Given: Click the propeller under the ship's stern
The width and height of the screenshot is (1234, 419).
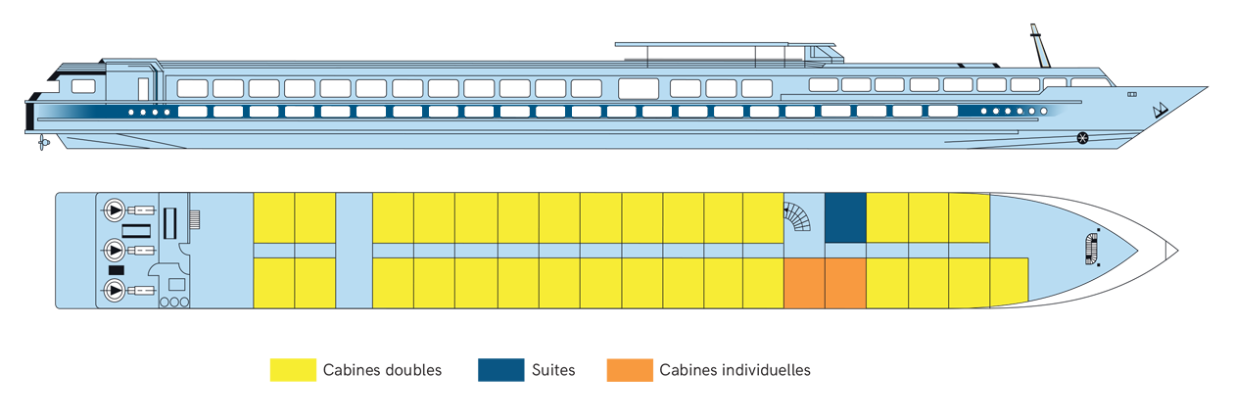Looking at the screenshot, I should (43, 145).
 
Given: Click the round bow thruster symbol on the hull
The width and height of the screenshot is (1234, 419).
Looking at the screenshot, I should (1083, 136).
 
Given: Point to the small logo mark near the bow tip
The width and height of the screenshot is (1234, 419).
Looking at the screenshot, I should (1160, 109).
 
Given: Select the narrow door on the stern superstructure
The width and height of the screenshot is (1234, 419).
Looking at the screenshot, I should (143, 88).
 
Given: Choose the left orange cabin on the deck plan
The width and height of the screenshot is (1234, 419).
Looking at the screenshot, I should (804, 283).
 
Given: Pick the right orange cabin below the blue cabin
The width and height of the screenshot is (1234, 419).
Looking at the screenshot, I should (845, 283).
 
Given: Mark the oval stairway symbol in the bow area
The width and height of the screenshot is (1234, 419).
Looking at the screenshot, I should (1091, 250).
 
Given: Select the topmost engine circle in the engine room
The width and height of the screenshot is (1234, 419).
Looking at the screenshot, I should (115, 209).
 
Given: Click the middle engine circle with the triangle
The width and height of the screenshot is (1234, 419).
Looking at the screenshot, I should (115, 250).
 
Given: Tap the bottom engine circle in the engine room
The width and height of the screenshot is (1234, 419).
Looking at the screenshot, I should (115, 290).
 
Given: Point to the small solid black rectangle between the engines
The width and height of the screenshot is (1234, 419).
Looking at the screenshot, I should (117, 269).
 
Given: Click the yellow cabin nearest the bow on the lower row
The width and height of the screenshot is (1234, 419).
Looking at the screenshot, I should (1009, 283).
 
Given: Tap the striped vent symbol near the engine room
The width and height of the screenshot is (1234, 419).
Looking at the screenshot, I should (194, 219).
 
